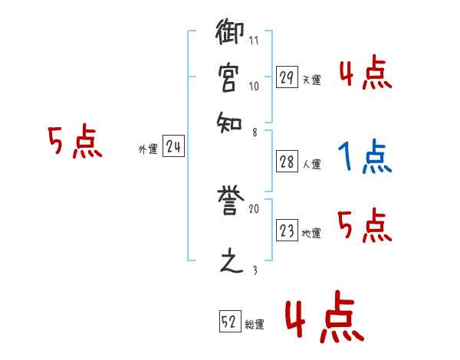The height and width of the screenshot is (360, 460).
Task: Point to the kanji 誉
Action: [x=232, y=201]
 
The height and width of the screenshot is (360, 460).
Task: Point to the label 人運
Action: [x=312, y=165]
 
